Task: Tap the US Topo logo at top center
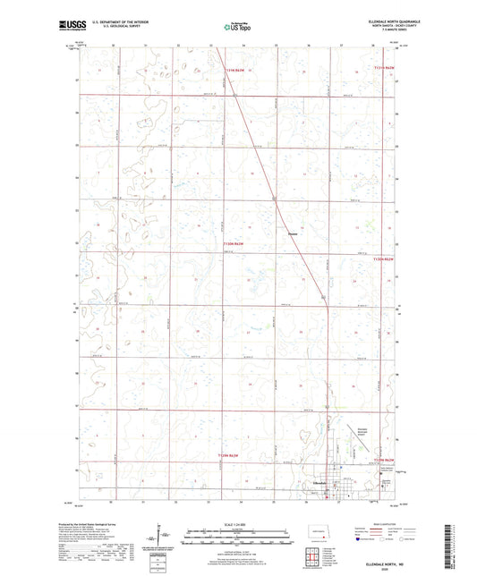tap(236, 28)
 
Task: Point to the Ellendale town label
tap(316, 484)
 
